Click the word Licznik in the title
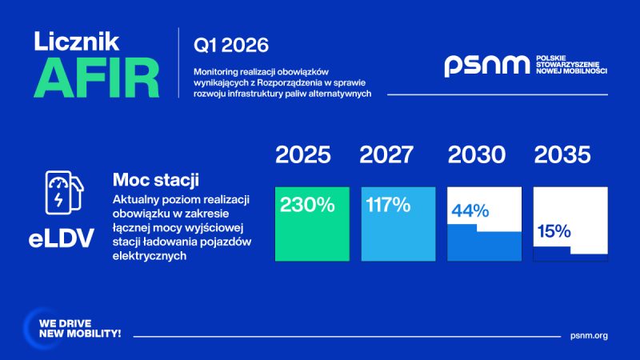tap(77, 42)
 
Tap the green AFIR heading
tap(96, 78)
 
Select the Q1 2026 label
tap(231, 45)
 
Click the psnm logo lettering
tap(486, 66)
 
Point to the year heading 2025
tap(303, 154)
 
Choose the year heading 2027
tap(386, 154)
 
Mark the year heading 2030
tap(476, 154)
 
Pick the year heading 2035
tap(562, 154)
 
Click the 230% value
tap(307, 205)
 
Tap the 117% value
tap(388, 205)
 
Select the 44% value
tap(470, 211)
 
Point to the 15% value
tap(554, 231)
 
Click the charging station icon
tap(64, 193)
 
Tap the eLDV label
tap(62, 238)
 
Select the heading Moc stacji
tap(155, 179)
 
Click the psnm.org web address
tap(589, 335)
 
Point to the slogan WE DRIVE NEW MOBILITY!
tap(80, 329)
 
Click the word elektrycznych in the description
tap(150, 256)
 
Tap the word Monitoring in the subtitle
tap(215, 72)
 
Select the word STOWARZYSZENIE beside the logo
tap(567, 65)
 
